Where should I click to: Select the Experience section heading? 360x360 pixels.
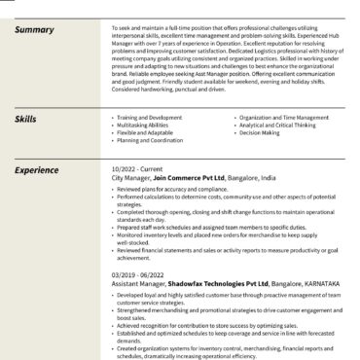(x=38, y=170)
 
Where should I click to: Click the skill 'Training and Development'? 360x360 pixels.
(x=150, y=116)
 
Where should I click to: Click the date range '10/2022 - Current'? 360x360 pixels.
(x=138, y=170)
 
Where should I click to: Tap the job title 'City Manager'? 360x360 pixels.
(x=130, y=178)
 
